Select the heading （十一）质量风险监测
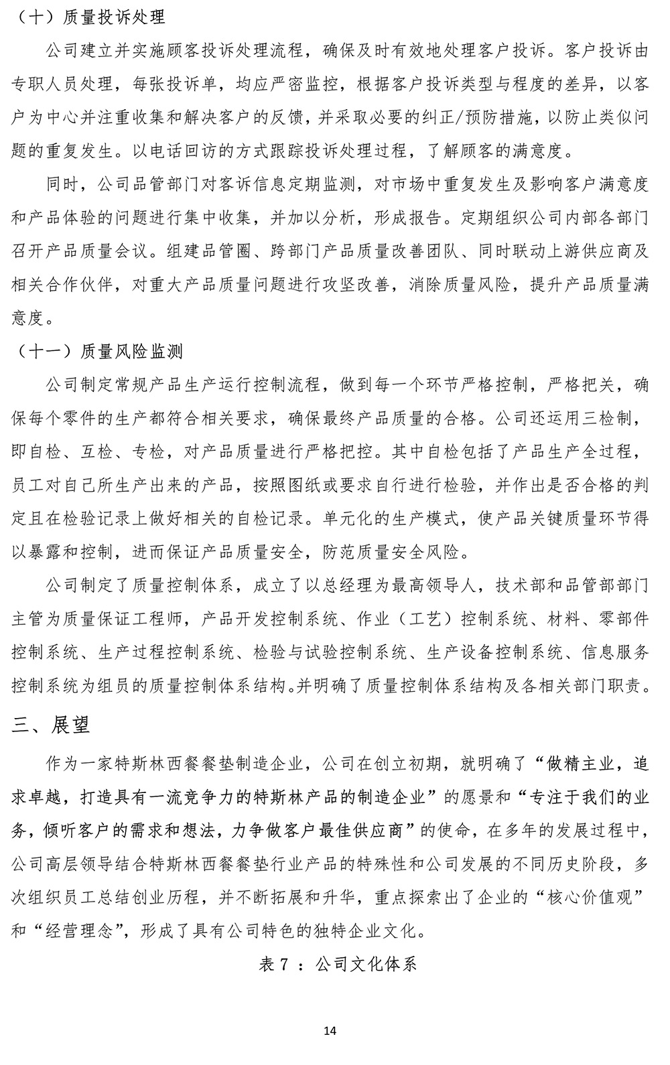pos(98,352)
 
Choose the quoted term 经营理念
pos(82,930)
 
